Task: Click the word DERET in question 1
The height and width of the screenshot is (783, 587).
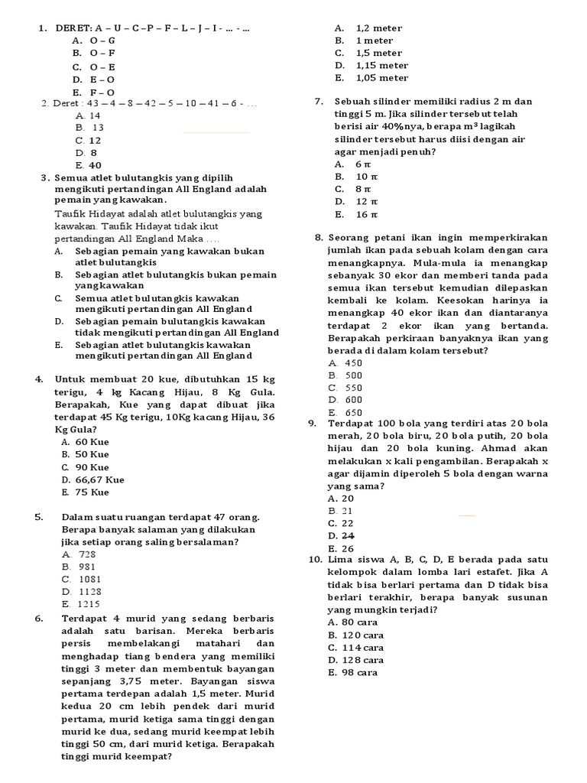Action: pos(73,28)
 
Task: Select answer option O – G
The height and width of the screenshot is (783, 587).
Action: pos(102,41)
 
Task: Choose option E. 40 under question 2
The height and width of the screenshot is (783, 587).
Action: pos(89,165)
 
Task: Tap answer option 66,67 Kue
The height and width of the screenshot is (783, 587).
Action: pos(93,480)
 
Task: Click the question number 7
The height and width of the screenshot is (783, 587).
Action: pos(319,102)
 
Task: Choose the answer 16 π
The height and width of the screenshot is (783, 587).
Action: pos(367,214)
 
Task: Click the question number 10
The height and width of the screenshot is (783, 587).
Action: pos(316,560)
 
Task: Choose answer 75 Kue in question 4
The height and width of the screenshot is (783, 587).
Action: pos(91,492)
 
